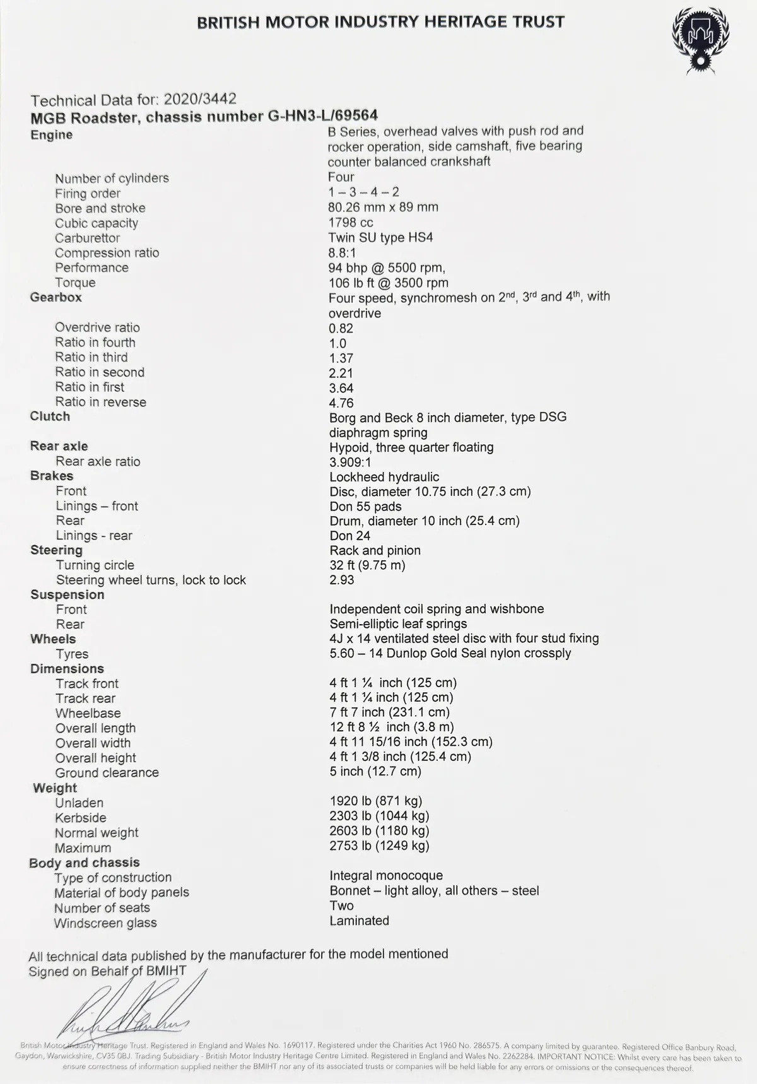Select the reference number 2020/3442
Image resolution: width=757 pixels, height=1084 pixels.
pyautogui.click(x=200, y=99)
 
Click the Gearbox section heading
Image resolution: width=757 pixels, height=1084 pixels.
pyautogui.click(x=56, y=297)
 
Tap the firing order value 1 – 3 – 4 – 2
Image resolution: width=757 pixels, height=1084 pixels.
pyautogui.click(x=363, y=192)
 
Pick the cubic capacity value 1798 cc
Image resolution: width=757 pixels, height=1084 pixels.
pyautogui.click(x=351, y=222)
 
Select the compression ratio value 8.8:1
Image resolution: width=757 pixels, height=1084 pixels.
pyautogui.click(x=342, y=252)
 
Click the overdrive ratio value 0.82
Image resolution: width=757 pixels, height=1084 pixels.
pyautogui.click(x=341, y=328)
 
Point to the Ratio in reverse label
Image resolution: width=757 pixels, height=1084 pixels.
pyautogui.click(x=100, y=402)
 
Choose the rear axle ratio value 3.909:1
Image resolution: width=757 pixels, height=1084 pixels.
pyautogui.click(x=350, y=462)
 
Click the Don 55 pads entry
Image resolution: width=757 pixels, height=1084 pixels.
pyautogui.click(x=365, y=506)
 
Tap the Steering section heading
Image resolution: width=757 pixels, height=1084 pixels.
pyautogui.click(x=56, y=550)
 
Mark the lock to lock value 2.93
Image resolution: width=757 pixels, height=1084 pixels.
pyautogui.click(x=341, y=580)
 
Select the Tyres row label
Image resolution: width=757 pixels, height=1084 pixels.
pyautogui.click(x=72, y=654)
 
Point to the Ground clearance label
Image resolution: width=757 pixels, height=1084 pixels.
pyautogui.click(x=107, y=772)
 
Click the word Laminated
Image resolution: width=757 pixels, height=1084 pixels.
pyautogui.click(x=359, y=921)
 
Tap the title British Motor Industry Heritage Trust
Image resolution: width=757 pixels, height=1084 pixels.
pyautogui.click(x=380, y=22)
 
